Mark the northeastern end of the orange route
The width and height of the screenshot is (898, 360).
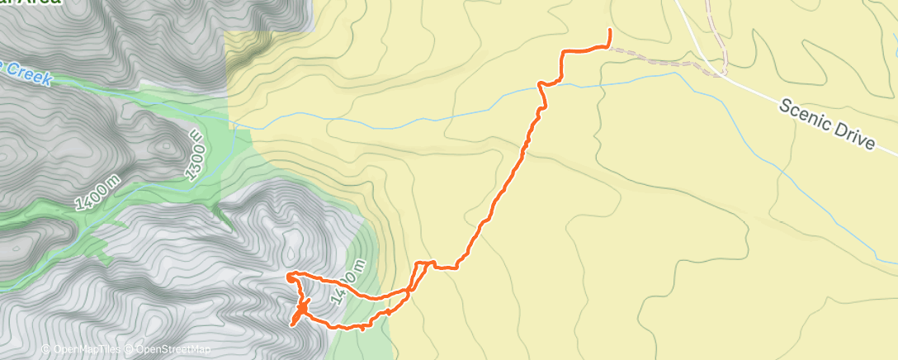609,31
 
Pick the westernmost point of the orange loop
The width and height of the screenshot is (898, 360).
286,274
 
